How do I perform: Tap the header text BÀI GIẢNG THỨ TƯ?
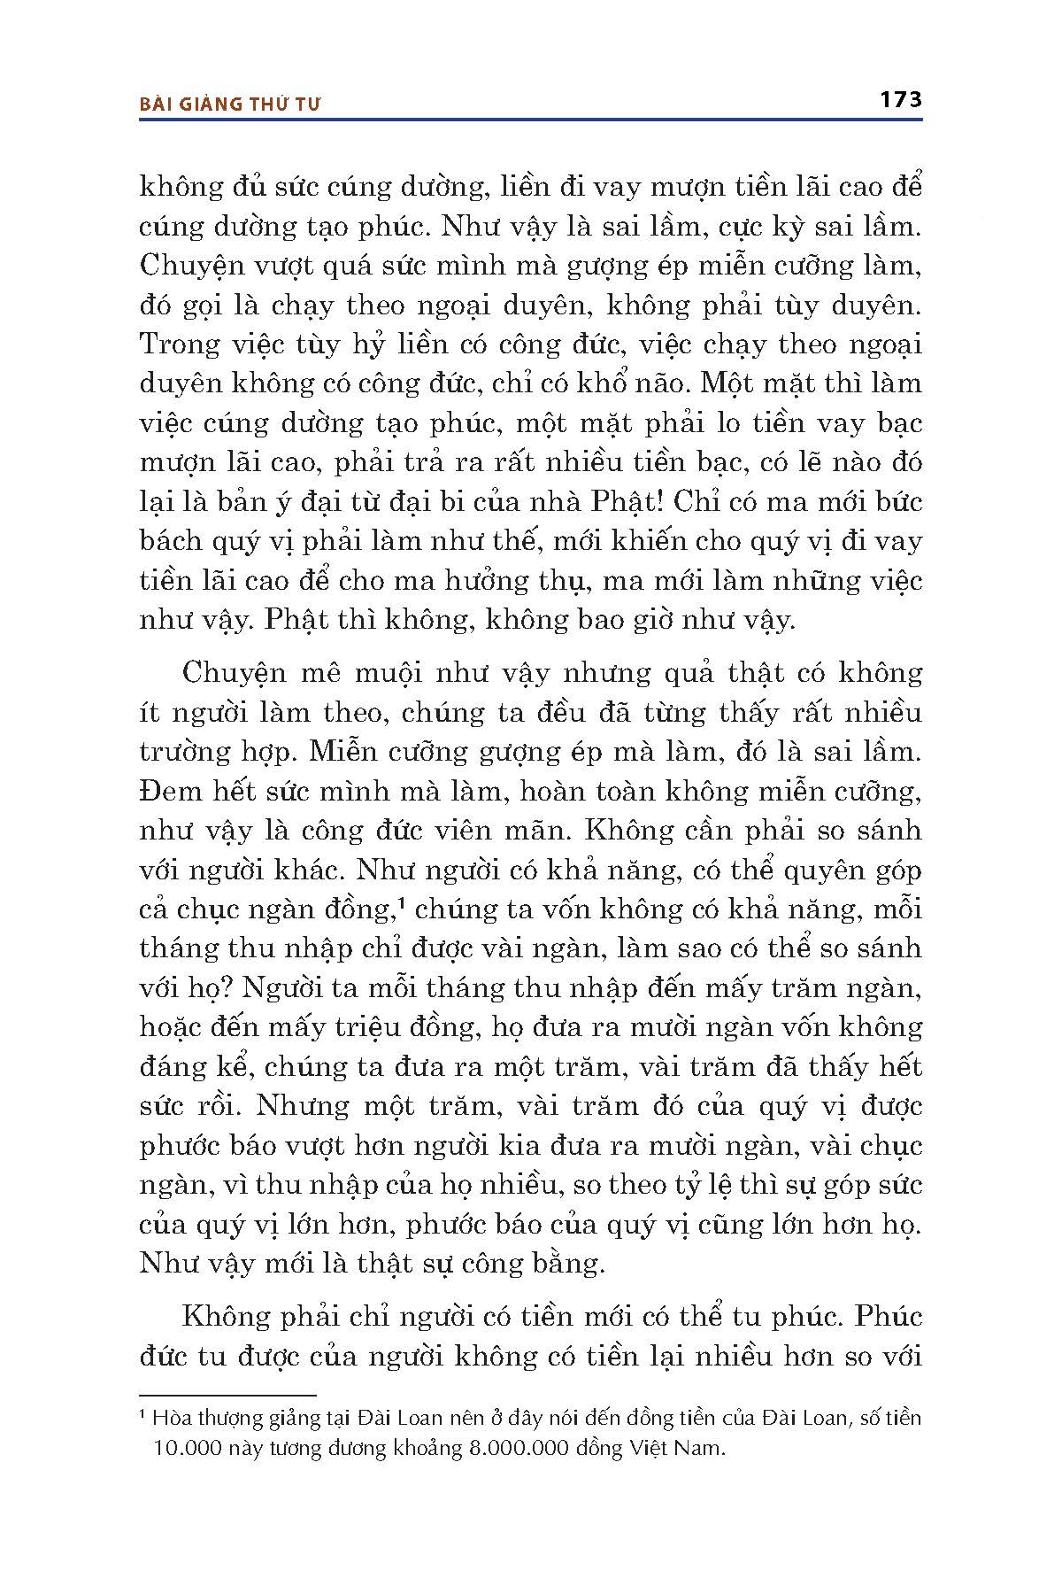tap(230, 104)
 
